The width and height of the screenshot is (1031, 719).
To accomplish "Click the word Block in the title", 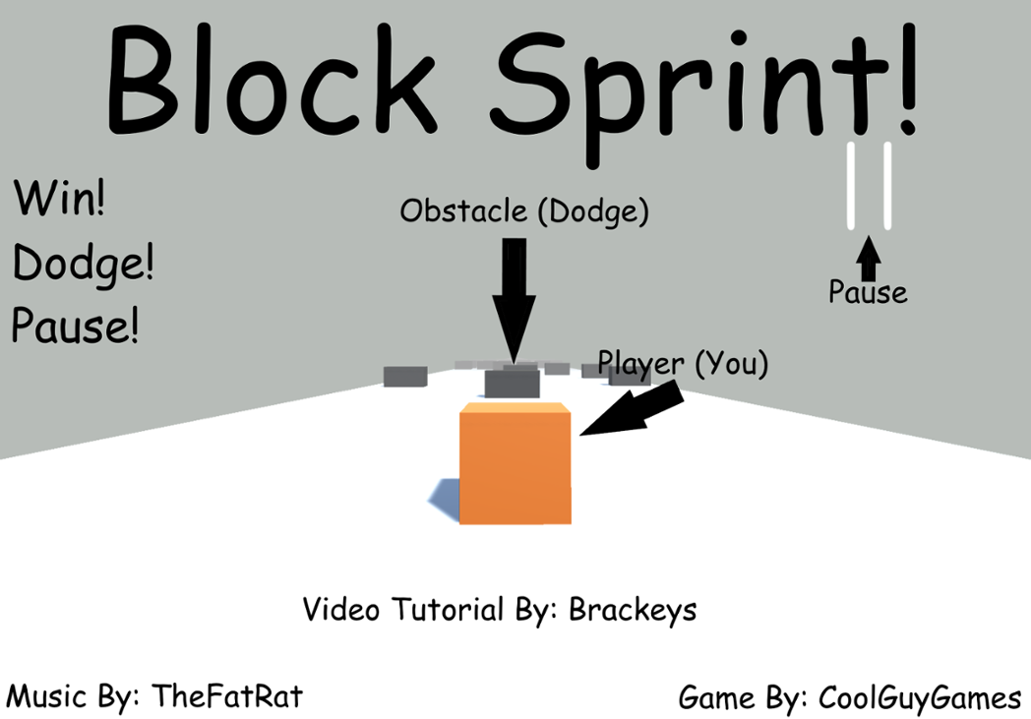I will point(271,79).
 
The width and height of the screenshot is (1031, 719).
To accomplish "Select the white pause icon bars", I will point(870,186).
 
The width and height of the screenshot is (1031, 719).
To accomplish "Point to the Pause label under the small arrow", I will point(868,292).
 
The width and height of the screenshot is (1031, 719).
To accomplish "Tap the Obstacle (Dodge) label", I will point(524,210).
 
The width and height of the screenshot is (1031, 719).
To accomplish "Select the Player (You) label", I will point(683,363).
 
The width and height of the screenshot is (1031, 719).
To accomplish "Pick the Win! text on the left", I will point(59,200).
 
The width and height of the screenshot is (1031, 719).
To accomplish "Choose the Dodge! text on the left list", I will point(84,264).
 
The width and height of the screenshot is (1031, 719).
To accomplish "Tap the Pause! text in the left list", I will point(75,326).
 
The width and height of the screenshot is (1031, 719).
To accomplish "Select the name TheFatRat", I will point(227,696).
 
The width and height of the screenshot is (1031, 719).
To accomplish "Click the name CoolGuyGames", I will point(920,698).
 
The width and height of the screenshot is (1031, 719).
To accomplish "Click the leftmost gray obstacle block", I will point(404,377).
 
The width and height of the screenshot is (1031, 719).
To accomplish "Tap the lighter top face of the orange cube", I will point(515,407).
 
